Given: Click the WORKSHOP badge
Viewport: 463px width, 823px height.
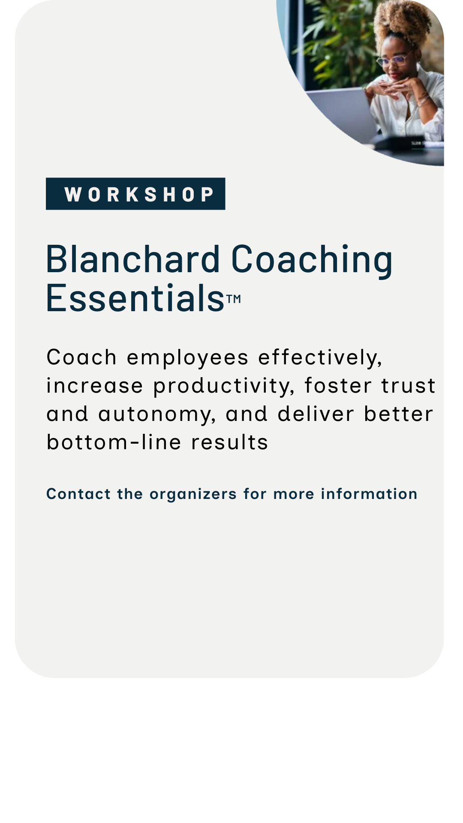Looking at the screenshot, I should tap(135, 194).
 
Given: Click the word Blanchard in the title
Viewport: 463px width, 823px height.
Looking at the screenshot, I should tap(133, 259).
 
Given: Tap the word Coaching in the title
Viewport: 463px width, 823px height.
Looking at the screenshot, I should tap(312, 260).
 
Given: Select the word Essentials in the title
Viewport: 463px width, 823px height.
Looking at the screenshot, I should tap(135, 297).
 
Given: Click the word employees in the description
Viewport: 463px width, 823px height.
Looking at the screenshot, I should tap(187, 357).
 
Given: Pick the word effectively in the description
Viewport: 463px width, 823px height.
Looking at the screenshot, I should tap(319, 357).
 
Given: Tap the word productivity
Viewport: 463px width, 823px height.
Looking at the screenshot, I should tap(223, 386).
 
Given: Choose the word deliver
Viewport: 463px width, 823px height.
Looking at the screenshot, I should tap(316, 414).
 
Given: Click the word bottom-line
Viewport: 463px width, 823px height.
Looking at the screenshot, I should tap(114, 442).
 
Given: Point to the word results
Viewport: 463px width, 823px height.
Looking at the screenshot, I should tap(230, 442).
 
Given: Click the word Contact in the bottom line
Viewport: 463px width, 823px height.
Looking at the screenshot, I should tap(78, 494).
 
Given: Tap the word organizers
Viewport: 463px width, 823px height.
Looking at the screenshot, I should tap(193, 494).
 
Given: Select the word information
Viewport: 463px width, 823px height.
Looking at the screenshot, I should tap(369, 494).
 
